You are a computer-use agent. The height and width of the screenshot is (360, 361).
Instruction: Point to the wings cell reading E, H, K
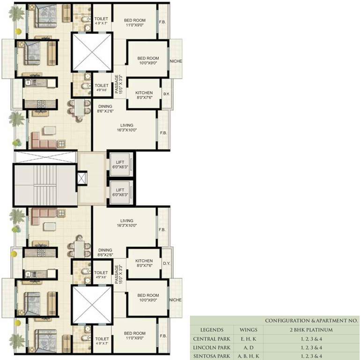[248, 338]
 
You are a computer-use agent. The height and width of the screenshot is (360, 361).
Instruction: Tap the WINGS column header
[248, 330]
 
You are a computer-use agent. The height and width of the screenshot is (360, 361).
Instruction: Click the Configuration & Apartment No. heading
[311, 321]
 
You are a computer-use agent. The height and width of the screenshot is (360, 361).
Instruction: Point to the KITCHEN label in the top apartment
[144, 93]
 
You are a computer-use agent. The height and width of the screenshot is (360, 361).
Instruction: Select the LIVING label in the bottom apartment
[126, 220]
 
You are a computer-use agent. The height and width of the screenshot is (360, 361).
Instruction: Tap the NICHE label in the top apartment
[176, 61]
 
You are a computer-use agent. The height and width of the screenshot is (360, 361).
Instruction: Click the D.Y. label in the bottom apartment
[166, 263]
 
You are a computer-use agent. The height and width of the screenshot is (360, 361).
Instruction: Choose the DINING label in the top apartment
[105, 106]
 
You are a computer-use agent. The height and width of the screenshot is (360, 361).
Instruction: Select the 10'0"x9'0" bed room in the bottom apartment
[148, 298]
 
